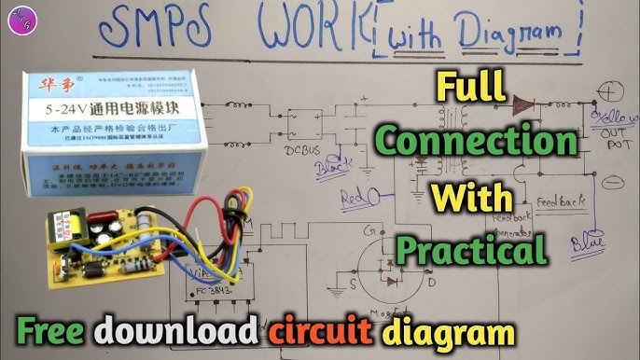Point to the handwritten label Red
point(354,200)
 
